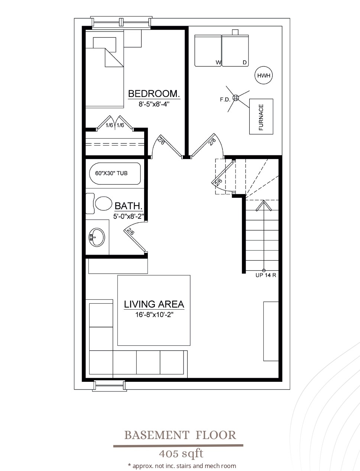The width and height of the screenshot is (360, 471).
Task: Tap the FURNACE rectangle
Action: pyautogui.click(x=261, y=116)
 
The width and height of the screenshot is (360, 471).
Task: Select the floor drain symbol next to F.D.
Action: pyautogui.click(x=236, y=98)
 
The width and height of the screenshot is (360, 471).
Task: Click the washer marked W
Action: pyautogui.click(x=208, y=51)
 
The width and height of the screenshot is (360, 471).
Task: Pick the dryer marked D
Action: pyautogui.click(x=235, y=51)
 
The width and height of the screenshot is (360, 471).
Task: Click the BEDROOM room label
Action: pyautogui.click(x=154, y=94)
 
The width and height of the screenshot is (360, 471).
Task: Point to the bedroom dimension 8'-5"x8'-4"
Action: pyautogui.click(x=154, y=104)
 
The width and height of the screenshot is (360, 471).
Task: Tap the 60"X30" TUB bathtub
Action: pyautogui.click(x=115, y=174)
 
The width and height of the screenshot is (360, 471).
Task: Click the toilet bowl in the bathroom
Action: pyautogui.click(x=104, y=203)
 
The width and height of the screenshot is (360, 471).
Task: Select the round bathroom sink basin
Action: pyautogui.click(x=97, y=237)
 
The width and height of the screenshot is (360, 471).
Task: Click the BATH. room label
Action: pyautogui.click(x=129, y=206)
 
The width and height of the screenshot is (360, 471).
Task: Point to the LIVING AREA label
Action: pyautogui.click(x=154, y=304)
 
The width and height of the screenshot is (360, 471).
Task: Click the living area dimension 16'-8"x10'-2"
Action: pyautogui.click(x=154, y=314)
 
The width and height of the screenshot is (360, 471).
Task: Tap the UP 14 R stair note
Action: pyautogui.click(x=266, y=275)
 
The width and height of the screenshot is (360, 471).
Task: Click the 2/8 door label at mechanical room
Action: pyautogui.click(x=212, y=142)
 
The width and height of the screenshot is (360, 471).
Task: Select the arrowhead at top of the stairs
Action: pyautogui.click(x=264, y=205)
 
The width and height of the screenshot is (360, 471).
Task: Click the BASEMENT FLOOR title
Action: pyautogui.click(x=180, y=435)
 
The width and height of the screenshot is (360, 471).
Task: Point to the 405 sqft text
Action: pyautogui.click(x=181, y=454)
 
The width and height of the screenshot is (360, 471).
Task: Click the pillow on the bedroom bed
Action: pyautogui.click(x=105, y=45)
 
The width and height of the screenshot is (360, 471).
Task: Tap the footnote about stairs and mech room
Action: pyautogui.click(x=182, y=466)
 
